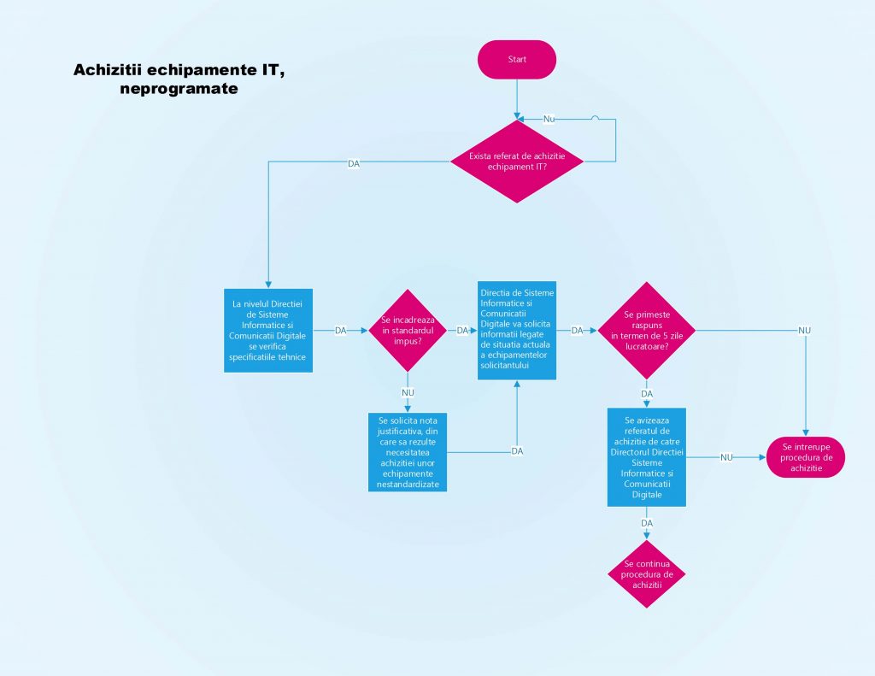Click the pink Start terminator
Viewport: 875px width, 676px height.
tap(517, 60)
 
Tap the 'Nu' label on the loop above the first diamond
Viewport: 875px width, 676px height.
tap(549, 119)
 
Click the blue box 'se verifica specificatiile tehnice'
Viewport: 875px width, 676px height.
tap(269, 331)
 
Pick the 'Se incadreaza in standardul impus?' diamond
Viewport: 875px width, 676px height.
tap(407, 331)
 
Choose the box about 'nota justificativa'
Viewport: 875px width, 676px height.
tap(408, 452)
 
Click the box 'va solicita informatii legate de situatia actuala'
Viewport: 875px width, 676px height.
tap(516, 330)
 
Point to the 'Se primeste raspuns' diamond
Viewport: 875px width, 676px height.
tap(647, 330)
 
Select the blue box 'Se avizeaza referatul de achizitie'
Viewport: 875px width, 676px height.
tap(647, 457)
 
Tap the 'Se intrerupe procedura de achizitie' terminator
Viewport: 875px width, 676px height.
tap(806, 457)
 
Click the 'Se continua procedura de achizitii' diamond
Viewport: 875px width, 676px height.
tap(647, 574)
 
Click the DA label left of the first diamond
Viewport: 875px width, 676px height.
tap(354, 163)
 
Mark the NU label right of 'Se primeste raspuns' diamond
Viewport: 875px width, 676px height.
tap(804, 331)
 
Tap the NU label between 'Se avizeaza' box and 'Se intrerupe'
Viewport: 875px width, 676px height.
tap(726, 457)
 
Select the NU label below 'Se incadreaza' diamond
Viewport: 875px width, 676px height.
tap(408, 392)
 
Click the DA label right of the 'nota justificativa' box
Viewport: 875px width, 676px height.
tap(517, 451)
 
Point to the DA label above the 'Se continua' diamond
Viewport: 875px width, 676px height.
tap(647, 522)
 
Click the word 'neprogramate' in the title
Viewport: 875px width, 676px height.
tap(179, 88)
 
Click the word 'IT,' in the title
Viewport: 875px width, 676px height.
tap(266, 69)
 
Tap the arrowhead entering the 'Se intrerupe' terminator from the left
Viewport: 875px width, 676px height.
tap(762, 457)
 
